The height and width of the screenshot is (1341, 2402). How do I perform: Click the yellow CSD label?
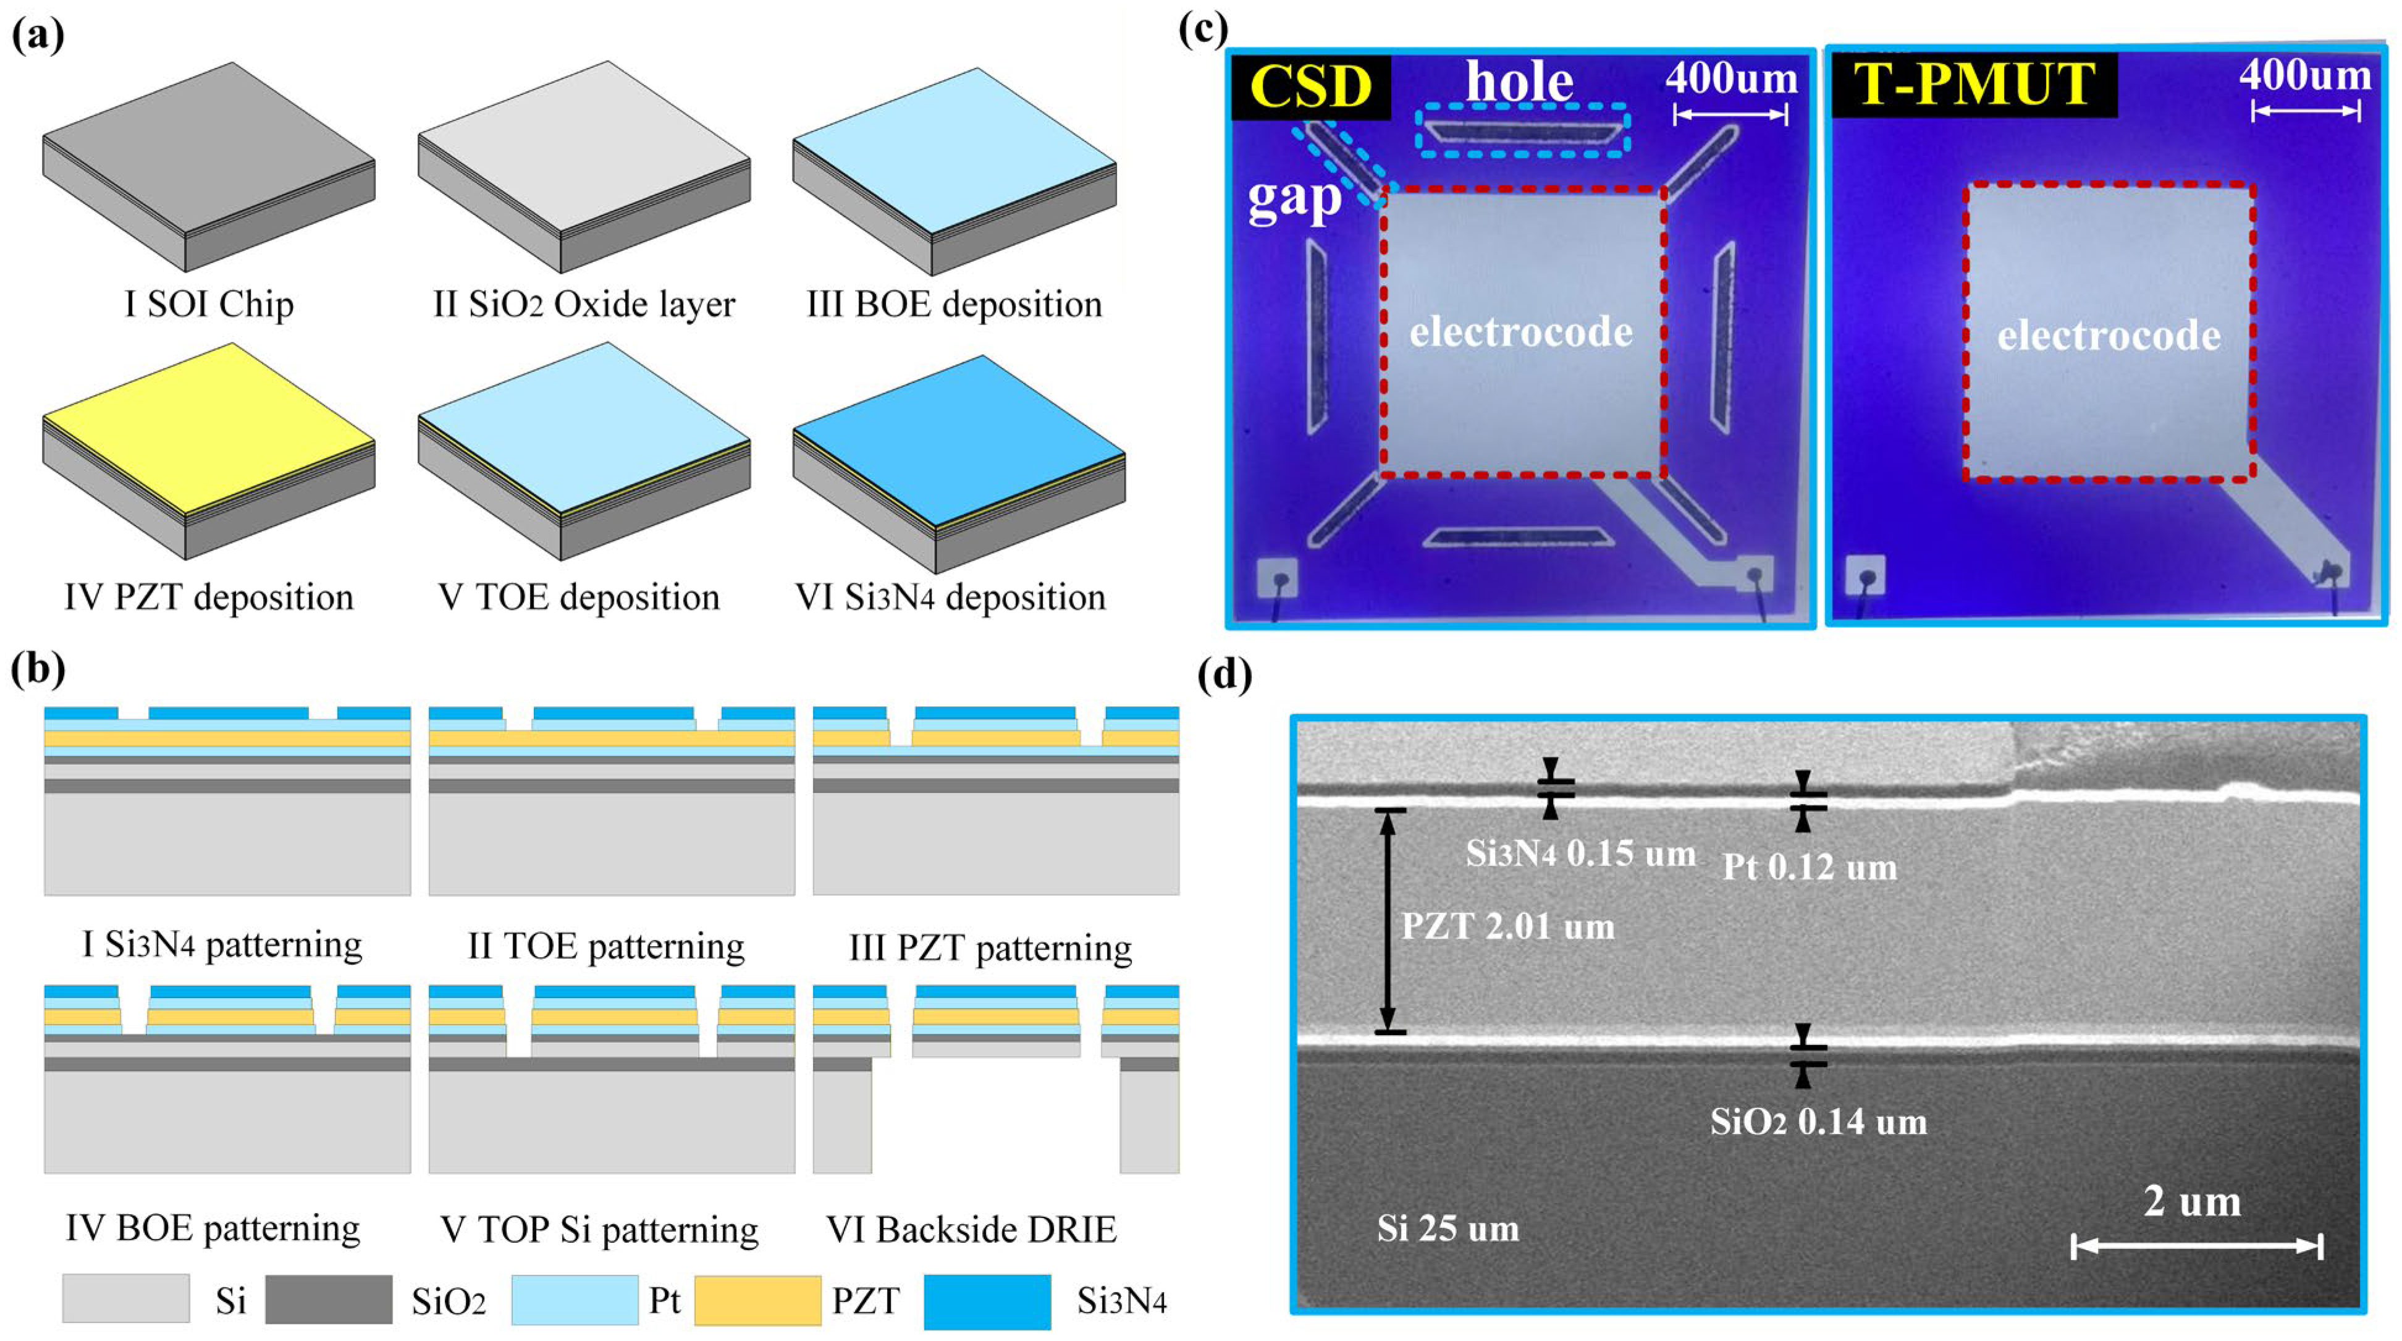tap(1310, 87)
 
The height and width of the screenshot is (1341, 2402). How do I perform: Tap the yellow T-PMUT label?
tap(1974, 84)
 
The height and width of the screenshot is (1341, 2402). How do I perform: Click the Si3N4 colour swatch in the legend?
tap(987, 1301)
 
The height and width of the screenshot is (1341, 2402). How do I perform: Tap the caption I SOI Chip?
tap(209, 304)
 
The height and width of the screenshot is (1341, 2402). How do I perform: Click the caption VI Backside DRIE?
tap(971, 1229)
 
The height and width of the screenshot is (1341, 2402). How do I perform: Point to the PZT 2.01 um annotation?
tap(1508, 926)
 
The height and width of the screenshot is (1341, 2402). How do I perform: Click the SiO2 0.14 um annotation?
tap(1818, 1121)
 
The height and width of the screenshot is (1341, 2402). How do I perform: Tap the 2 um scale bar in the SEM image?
tap(2196, 1246)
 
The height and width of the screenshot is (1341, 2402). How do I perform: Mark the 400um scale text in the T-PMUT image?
tap(2305, 75)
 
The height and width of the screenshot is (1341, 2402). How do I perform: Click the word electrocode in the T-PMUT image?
tap(2109, 336)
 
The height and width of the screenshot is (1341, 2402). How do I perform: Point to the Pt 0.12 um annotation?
tap(1809, 867)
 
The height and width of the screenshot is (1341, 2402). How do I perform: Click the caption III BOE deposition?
tap(954, 304)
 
